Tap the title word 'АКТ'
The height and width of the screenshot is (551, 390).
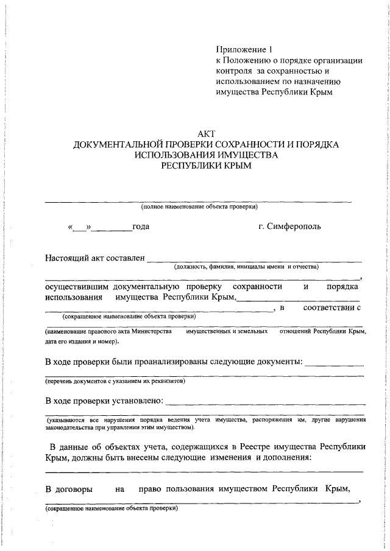point(206,133)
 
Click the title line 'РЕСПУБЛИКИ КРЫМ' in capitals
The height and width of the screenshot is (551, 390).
point(206,166)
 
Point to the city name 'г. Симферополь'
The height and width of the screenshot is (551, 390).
point(289,227)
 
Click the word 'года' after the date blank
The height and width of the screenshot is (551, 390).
point(141,227)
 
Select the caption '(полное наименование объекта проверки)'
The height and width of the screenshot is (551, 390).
point(199,207)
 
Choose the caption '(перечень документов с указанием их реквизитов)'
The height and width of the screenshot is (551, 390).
point(115,381)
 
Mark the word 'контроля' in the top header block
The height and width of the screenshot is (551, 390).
point(233,71)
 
